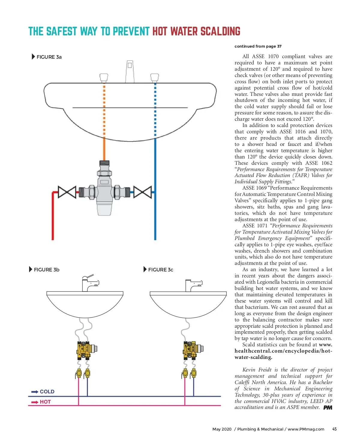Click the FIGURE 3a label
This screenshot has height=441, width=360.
click(49, 57)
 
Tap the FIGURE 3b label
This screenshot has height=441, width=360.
click(46, 270)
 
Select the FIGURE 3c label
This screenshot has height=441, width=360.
click(160, 270)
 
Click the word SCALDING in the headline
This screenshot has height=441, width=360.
click(220, 31)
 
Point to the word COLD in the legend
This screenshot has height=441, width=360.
click(47, 392)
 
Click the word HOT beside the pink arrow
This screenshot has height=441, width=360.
click(45, 402)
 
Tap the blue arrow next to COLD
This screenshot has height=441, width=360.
click(34, 392)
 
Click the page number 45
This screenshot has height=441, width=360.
click(334, 429)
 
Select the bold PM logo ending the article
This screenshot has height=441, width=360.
click(328, 407)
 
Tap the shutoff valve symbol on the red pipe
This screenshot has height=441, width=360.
click(67, 192)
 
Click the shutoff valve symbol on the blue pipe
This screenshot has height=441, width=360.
click(142, 192)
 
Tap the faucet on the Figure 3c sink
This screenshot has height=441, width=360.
click(193, 285)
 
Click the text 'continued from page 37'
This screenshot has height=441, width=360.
click(258, 46)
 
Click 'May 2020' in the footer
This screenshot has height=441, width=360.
click(222, 429)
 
